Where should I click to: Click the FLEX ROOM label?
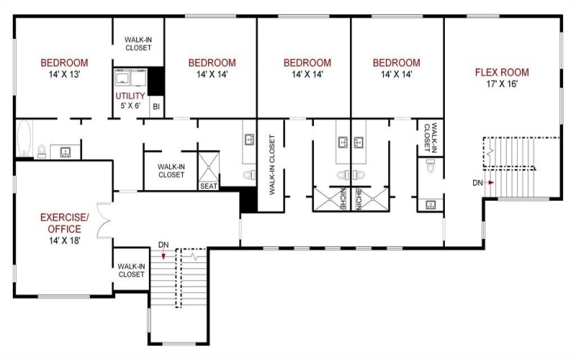[x=502, y=72]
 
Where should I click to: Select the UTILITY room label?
[x=130, y=96]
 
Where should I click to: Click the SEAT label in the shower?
[x=209, y=186]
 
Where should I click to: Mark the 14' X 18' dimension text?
[x=63, y=240]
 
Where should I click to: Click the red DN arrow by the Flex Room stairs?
[x=490, y=183]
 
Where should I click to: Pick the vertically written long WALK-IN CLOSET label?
[x=272, y=165]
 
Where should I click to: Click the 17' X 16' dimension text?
[x=502, y=84]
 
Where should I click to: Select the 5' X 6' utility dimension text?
[x=130, y=107]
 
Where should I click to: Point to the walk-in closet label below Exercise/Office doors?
[x=131, y=270]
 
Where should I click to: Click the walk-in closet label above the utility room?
[x=138, y=44]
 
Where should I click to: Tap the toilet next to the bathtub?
[x=42, y=151]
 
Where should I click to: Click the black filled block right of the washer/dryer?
[x=156, y=81]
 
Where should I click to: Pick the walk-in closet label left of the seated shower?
[x=171, y=170]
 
